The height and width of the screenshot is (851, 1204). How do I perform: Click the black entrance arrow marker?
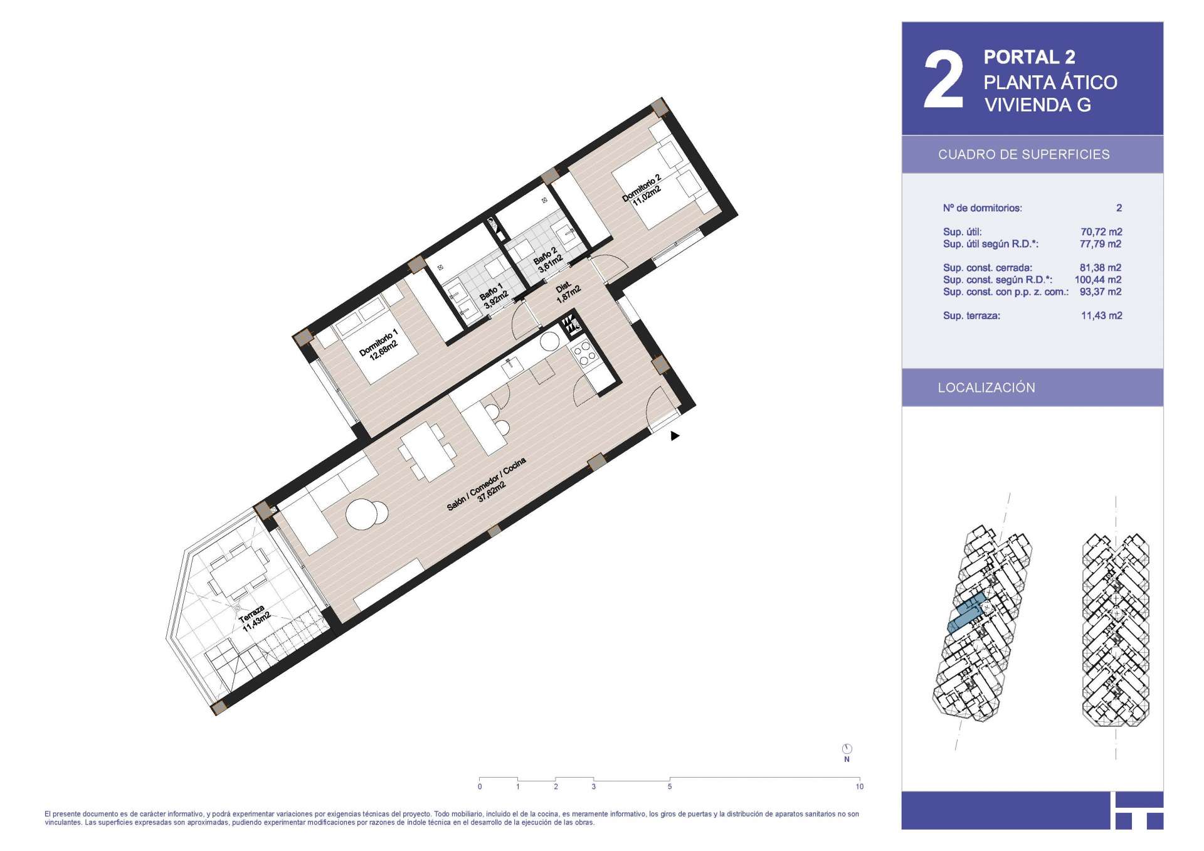point(675,436)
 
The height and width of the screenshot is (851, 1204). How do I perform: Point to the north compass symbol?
point(847,749)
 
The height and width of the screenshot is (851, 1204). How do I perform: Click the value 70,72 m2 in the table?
point(1101,231)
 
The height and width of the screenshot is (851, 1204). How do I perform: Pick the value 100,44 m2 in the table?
point(1098,280)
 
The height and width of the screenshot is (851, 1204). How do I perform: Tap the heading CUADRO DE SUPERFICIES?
point(1023,154)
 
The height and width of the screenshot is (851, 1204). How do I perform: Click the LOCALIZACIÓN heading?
point(986,388)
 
